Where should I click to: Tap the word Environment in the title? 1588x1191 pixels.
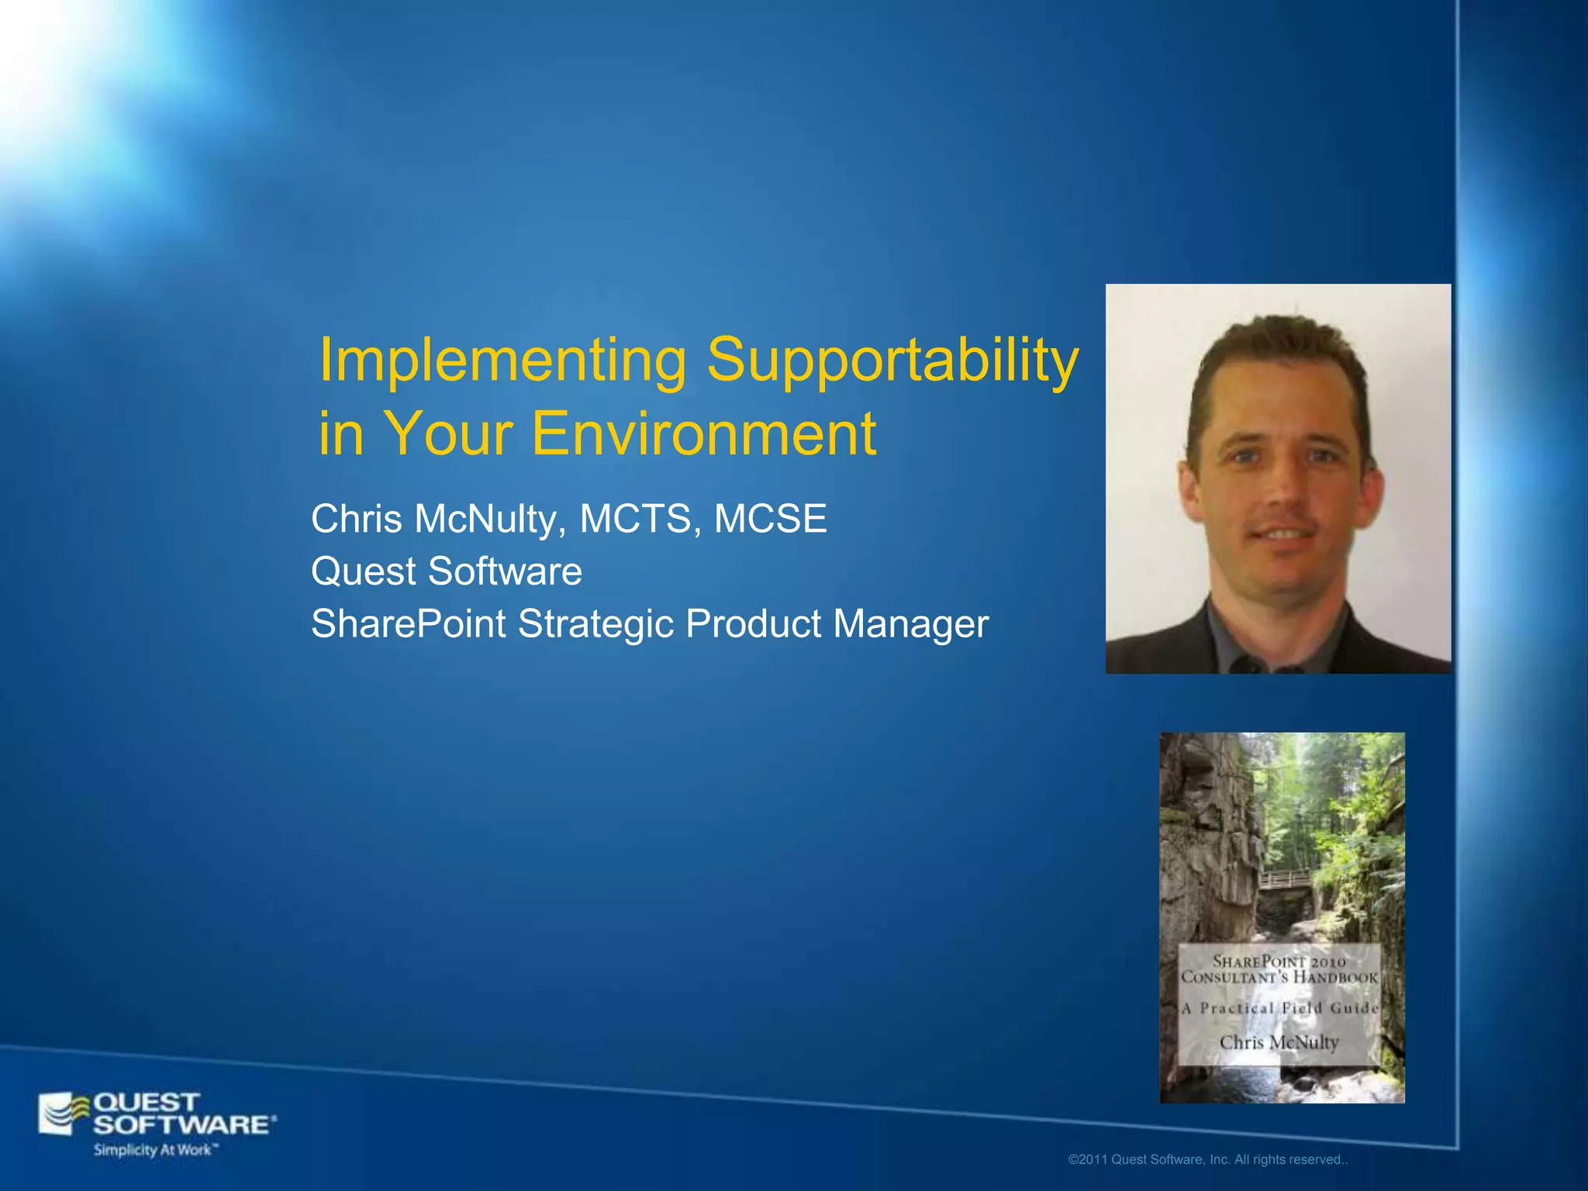click(x=703, y=433)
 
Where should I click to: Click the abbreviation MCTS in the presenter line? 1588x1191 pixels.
click(x=635, y=519)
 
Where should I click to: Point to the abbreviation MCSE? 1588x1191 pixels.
click(x=770, y=519)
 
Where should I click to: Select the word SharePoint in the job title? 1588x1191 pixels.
click(x=408, y=624)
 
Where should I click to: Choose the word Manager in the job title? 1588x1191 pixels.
click(x=910, y=624)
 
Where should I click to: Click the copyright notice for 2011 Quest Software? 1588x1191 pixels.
click(x=1207, y=1160)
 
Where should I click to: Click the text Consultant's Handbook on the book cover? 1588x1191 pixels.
click(x=1279, y=978)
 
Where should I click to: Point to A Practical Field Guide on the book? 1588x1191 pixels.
click(x=1279, y=1009)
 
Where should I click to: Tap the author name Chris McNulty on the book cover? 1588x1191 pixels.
click(x=1279, y=1042)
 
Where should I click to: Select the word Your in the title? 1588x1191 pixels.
click(x=447, y=433)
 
